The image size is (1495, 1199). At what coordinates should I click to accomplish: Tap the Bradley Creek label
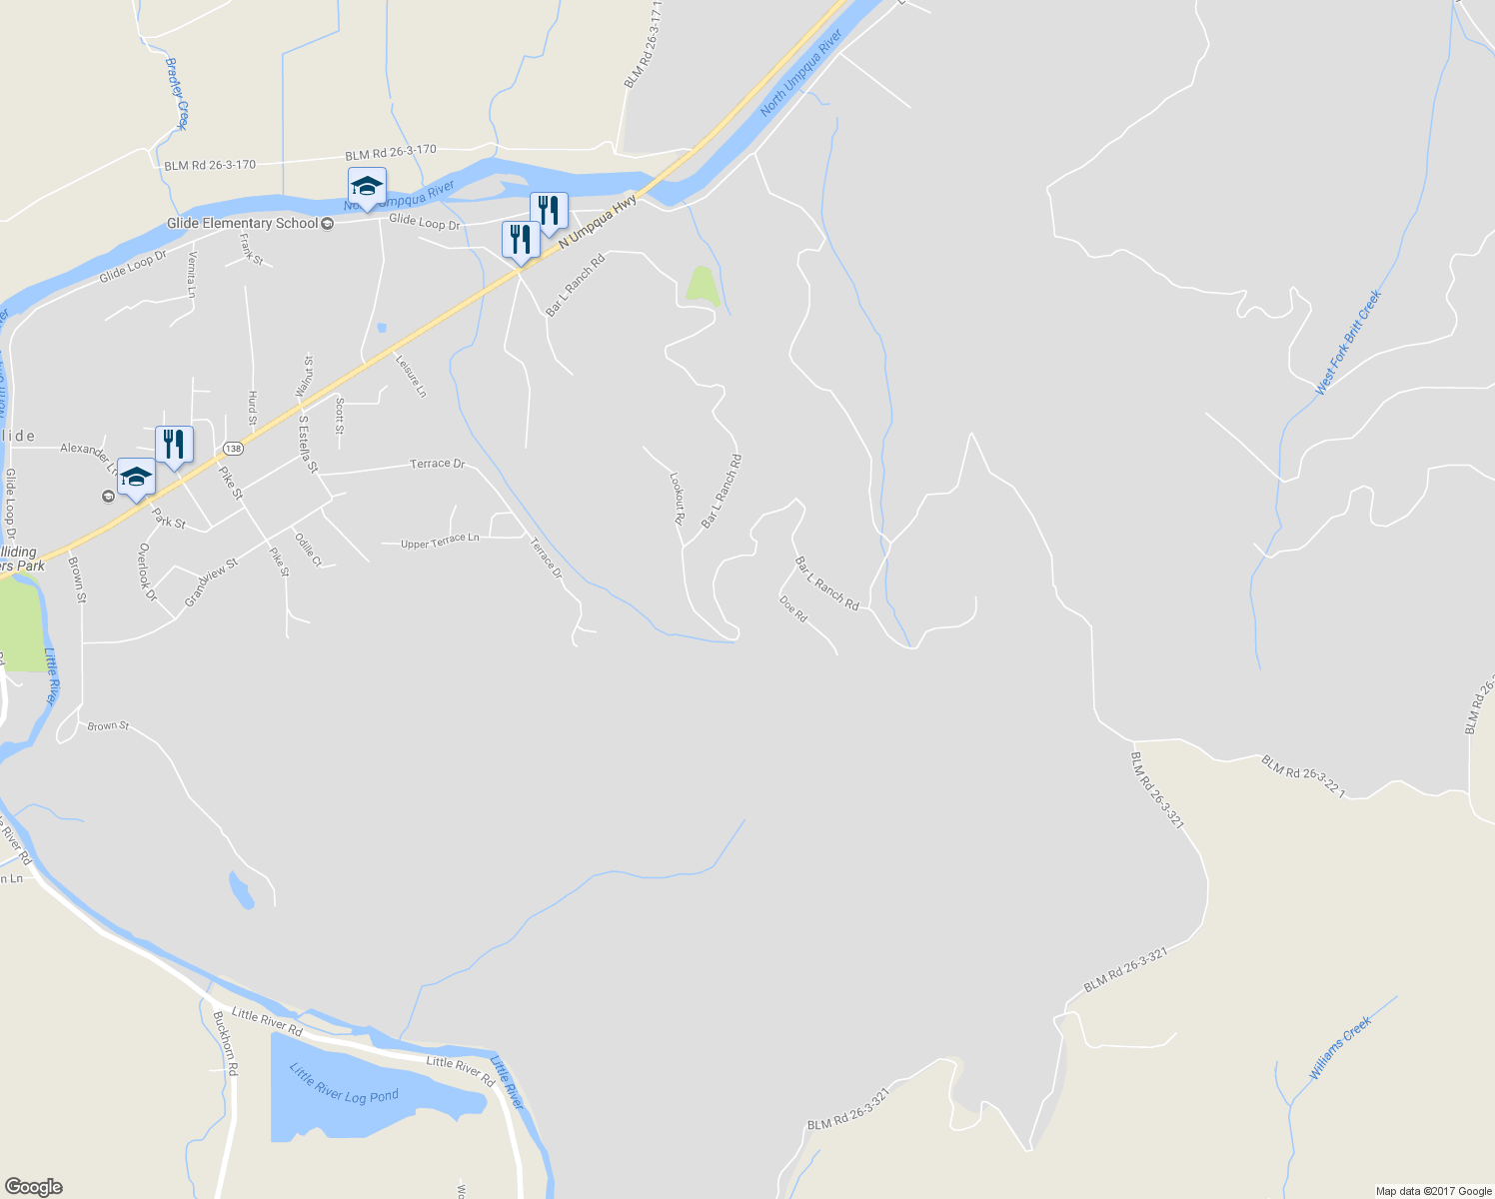[176, 93]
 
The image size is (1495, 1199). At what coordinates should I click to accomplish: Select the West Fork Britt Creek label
[1348, 342]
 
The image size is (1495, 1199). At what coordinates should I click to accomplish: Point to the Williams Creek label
[1340, 1047]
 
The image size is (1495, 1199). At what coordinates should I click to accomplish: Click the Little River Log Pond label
[344, 1083]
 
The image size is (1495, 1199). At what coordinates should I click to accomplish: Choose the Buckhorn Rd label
[226, 1043]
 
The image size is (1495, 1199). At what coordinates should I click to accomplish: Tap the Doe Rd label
[792, 608]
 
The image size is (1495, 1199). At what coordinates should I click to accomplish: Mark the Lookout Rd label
[677, 499]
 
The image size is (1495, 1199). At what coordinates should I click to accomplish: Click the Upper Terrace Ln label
[440, 542]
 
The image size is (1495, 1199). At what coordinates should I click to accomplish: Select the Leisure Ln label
[411, 377]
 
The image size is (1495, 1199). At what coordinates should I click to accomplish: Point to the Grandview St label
[211, 583]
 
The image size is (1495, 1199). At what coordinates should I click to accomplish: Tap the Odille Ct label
[308, 550]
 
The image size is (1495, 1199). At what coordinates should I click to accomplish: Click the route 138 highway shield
[233, 447]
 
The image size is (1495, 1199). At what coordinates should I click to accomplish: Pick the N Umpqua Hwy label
[598, 222]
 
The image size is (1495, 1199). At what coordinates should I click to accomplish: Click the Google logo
[33, 1187]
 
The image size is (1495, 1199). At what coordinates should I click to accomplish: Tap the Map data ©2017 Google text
[1433, 1191]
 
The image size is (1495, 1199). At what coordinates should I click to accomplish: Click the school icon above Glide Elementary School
[367, 187]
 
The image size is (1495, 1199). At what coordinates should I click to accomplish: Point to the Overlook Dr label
[148, 573]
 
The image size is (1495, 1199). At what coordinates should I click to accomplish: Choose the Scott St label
[340, 416]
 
